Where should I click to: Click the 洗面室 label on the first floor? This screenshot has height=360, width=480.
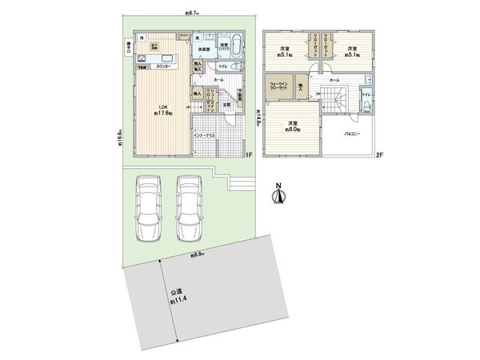(x=204, y=50)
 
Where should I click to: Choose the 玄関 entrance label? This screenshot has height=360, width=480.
(x=226, y=104)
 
